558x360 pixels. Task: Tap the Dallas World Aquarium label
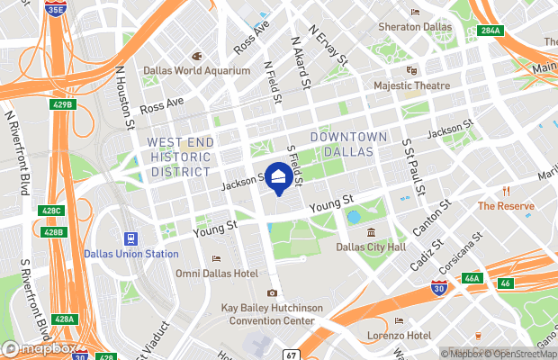pos(196,70)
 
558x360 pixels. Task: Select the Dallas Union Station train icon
pos(131,238)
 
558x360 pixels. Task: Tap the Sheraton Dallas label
pos(414,27)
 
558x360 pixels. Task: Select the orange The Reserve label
pos(506,205)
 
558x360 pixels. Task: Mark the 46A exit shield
pos(472,279)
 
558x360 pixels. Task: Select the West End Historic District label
pos(180,157)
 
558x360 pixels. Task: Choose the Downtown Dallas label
pos(348,144)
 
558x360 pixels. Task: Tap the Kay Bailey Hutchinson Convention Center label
pos(271,313)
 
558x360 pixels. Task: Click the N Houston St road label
pos(124,94)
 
